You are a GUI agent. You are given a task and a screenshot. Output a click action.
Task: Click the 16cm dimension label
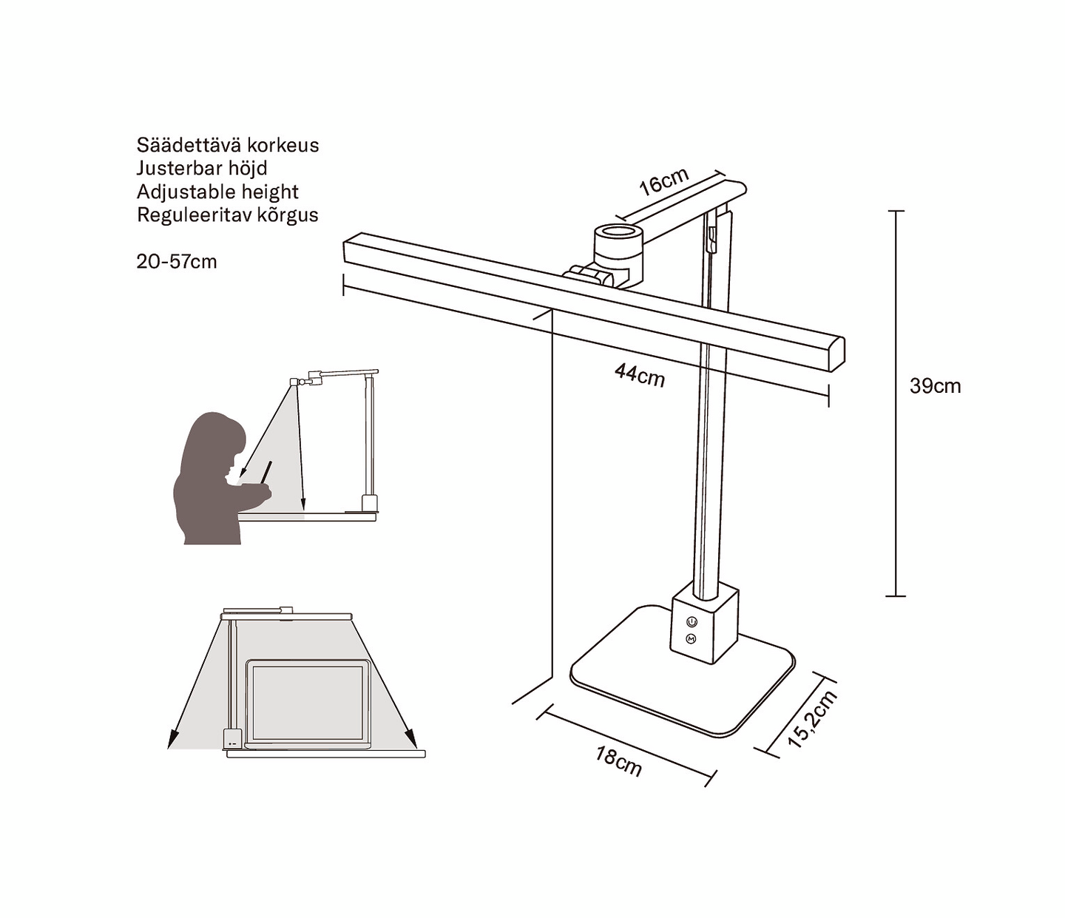tap(664, 181)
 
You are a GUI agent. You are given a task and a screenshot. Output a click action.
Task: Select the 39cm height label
tap(935, 386)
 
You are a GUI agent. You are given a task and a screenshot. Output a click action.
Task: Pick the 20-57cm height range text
tap(177, 262)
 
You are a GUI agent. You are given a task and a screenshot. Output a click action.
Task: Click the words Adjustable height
tap(217, 192)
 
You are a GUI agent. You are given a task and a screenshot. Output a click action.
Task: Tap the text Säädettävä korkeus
tap(228, 145)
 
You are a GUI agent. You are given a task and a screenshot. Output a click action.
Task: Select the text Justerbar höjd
tap(202, 169)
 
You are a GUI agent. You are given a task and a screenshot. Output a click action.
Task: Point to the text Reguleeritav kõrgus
tap(228, 215)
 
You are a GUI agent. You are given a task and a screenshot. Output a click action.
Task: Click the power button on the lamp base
tap(692, 621)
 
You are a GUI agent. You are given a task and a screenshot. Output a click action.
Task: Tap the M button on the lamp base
tap(692, 639)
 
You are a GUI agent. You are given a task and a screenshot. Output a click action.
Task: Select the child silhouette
tap(223, 479)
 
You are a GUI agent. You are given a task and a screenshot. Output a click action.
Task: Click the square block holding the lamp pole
tap(704, 623)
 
